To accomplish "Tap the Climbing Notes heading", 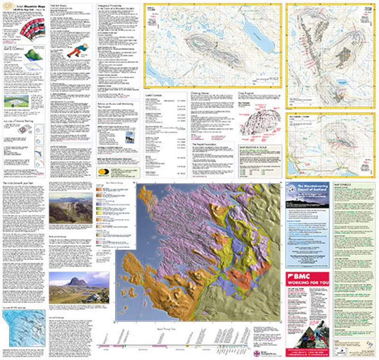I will point(202,94).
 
